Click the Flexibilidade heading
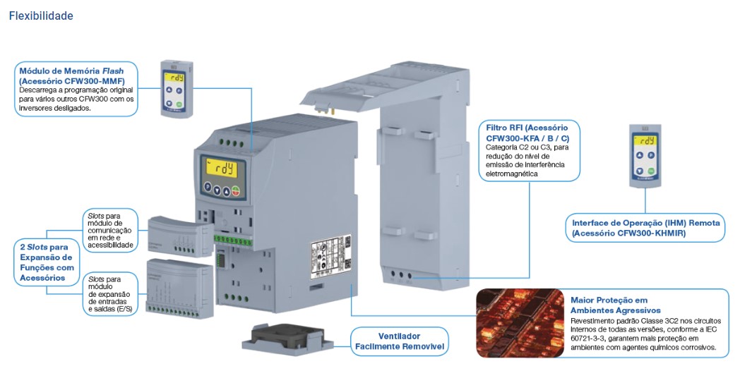[41, 16]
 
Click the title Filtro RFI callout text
[527, 133]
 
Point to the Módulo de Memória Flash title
[71, 71]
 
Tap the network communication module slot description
[109, 229]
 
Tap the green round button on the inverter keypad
[237, 189]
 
